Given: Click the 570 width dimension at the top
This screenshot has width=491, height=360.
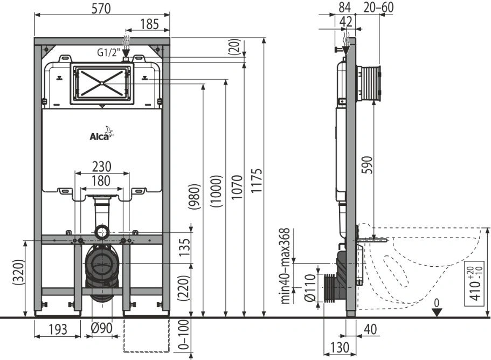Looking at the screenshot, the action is [x=101, y=9].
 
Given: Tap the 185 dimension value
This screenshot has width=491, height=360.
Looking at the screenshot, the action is [x=150, y=24].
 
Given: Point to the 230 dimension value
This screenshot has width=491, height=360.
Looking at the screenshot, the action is [x=102, y=167].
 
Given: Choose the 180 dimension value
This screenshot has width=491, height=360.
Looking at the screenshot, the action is [x=101, y=181].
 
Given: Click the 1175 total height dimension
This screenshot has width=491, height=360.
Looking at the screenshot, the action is [x=256, y=181].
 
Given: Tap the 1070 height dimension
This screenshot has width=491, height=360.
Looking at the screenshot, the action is [x=237, y=187].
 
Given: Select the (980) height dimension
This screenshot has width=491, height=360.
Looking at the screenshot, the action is [x=194, y=197].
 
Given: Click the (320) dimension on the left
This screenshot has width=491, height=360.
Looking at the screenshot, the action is [x=19, y=272].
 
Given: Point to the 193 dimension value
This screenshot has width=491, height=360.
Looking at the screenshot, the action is [x=58, y=329].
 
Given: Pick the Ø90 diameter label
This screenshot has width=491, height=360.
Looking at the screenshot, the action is [x=101, y=328].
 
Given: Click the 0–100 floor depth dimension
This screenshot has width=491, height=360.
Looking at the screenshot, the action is [x=185, y=334].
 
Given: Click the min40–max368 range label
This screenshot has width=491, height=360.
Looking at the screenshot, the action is [x=285, y=266].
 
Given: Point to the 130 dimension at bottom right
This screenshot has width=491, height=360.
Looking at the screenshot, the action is [x=340, y=348].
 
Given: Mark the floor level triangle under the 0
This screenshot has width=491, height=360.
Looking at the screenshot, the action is [x=437, y=312].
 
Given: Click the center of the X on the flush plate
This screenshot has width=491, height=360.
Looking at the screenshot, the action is [x=102, y=83].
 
